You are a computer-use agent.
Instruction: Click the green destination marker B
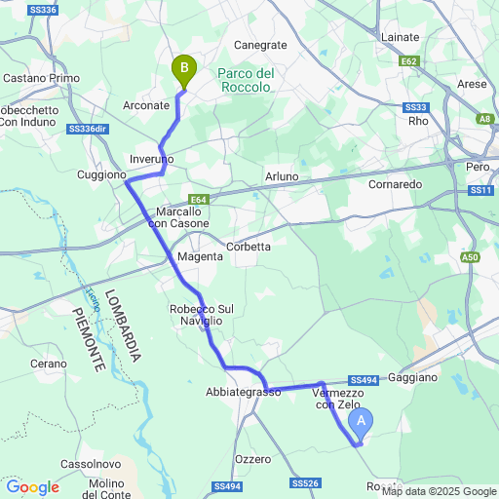tap(182, 69)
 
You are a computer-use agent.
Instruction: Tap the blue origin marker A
tap(361, 421)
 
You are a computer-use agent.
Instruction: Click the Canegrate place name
tap(261, 45)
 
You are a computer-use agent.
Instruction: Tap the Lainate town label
tap(399, 36)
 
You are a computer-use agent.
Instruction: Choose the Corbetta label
tap(249, 247)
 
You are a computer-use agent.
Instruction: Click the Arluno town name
tap(282, 176)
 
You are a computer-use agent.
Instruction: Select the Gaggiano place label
tap(420, 376)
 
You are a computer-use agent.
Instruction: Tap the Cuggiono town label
tap(101, 175)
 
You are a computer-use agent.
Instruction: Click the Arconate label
tap(147, 104)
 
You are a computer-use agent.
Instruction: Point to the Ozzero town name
tap(252, 458)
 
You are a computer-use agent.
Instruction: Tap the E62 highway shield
tap(409, 60)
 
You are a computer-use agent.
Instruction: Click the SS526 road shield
tap(305, 483)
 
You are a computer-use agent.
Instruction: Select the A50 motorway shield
tap(471, 257)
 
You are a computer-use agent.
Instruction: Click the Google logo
tap(32, 487)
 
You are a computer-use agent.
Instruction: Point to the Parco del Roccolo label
tap(245, 80)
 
